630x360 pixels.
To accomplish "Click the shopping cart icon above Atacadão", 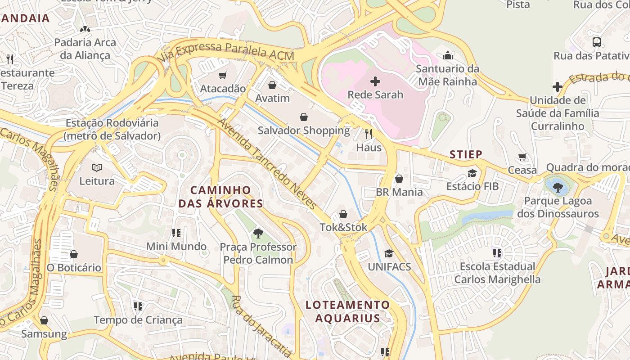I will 222,75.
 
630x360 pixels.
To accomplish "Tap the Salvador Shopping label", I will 303,130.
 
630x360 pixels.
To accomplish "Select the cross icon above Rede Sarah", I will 375,81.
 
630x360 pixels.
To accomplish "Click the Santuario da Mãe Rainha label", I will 447,75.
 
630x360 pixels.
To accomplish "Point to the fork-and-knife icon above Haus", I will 369,134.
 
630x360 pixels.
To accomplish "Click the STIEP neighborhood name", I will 466,155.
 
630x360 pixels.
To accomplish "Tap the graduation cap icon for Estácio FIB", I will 472,173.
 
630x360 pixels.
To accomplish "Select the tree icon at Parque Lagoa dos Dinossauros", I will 558,187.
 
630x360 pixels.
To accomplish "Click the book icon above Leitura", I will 97,168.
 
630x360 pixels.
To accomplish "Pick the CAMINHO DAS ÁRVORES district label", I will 220,197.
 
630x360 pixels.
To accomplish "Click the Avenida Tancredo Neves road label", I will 267,164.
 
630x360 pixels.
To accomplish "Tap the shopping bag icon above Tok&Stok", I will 343,214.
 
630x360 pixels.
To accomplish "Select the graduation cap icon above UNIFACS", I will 389,254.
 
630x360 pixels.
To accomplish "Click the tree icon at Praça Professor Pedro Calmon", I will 258,233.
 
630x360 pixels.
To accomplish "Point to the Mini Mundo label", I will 176,247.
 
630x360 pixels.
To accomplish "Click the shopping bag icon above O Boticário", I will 74,254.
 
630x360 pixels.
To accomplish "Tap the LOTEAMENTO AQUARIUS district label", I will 347,311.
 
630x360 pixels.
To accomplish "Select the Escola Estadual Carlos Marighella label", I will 497,273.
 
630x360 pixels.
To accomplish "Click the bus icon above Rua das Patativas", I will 597,42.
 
